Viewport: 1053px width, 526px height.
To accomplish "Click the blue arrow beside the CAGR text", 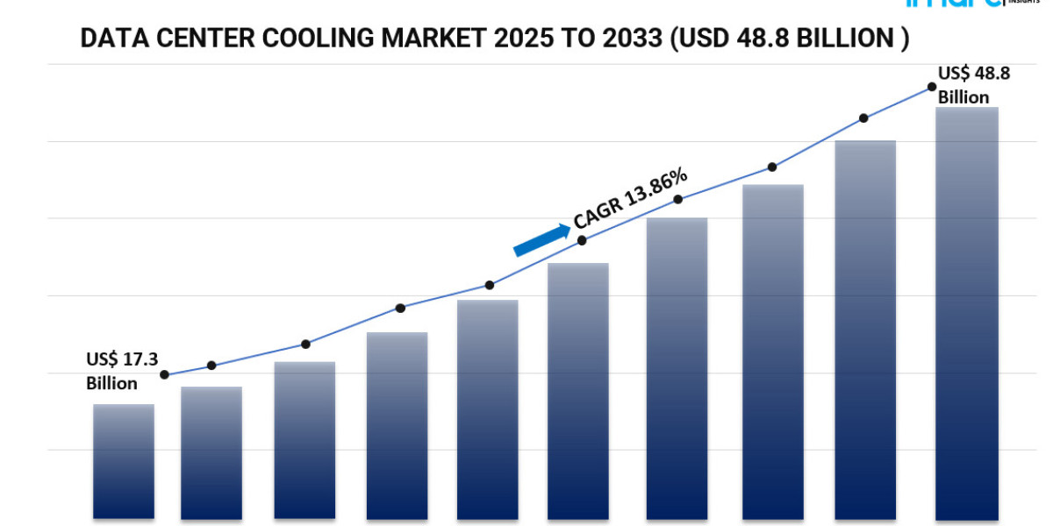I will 541,239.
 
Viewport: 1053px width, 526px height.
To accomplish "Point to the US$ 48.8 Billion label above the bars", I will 973,85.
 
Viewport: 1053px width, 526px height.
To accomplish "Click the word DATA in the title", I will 109,39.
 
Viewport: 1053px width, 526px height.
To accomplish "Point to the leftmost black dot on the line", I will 164,374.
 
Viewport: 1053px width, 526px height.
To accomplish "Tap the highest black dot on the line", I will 932,87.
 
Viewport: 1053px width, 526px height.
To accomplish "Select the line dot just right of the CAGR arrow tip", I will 583,239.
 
